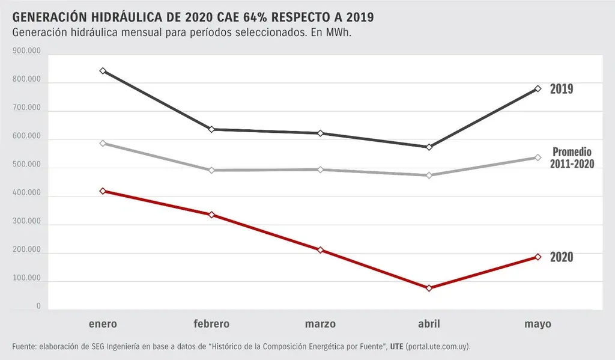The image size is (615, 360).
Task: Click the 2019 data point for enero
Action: [103, 71]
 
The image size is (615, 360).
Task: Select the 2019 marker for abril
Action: [429, 147]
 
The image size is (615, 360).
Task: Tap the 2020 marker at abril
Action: [429, 288]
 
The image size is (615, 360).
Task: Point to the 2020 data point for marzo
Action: [320, 250]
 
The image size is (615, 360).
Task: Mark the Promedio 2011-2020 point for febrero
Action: [211, 170]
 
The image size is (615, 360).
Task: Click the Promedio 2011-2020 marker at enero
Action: [103, 143]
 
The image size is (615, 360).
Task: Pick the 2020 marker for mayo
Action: [538, 257]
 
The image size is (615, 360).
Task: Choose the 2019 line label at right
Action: [562, 89]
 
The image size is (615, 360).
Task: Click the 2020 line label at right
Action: [562, 257]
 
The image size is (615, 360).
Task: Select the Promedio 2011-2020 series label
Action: [572, 157]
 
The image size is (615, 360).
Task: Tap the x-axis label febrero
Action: [211, 324]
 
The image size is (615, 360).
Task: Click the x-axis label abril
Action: [429, 324]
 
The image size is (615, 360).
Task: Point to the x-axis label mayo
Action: [538, 324]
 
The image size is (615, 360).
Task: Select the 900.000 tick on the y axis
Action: [26, 52]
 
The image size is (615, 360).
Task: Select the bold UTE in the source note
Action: [396, 347]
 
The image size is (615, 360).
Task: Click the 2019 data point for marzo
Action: [320, 133]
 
